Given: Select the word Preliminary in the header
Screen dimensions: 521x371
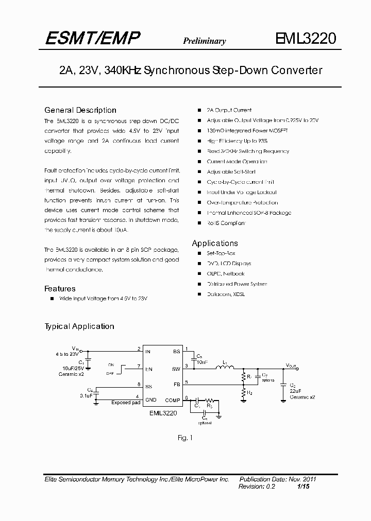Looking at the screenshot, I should [204, 41].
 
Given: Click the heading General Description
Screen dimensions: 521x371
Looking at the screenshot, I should [80, 110].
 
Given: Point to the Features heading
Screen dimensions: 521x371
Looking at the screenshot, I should [60, 289].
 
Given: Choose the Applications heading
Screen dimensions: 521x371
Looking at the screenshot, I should [215, 243].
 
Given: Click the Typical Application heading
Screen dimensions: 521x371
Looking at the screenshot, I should [79, 326].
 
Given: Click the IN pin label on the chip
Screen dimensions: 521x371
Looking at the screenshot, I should [148, 352].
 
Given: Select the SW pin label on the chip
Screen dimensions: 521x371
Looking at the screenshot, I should [176, 369].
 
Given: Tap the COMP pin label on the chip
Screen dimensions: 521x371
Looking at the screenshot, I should [173, 400].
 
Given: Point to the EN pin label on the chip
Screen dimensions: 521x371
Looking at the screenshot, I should [149, 369].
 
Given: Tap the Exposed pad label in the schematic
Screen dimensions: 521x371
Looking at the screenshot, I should [125, 403].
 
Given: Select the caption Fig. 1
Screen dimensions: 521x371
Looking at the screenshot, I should [184, 438].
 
